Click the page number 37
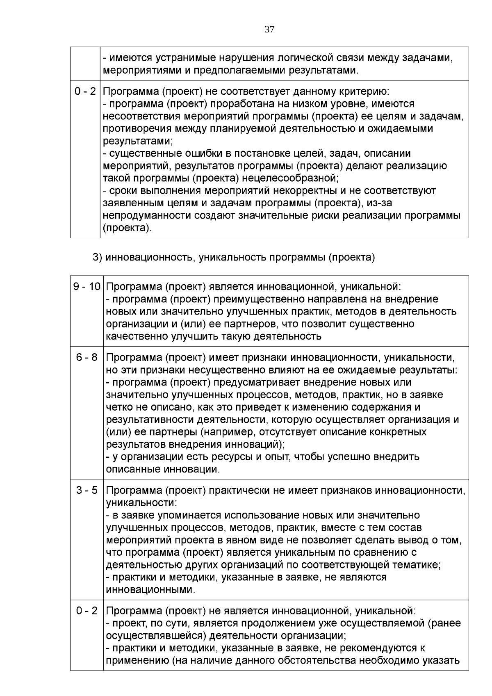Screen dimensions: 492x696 269,30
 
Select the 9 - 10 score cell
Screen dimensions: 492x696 87,286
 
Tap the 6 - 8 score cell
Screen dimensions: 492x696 87,357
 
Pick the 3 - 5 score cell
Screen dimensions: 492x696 87,490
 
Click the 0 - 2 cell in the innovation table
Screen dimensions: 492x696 87,611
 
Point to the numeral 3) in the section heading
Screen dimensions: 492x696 97,257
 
